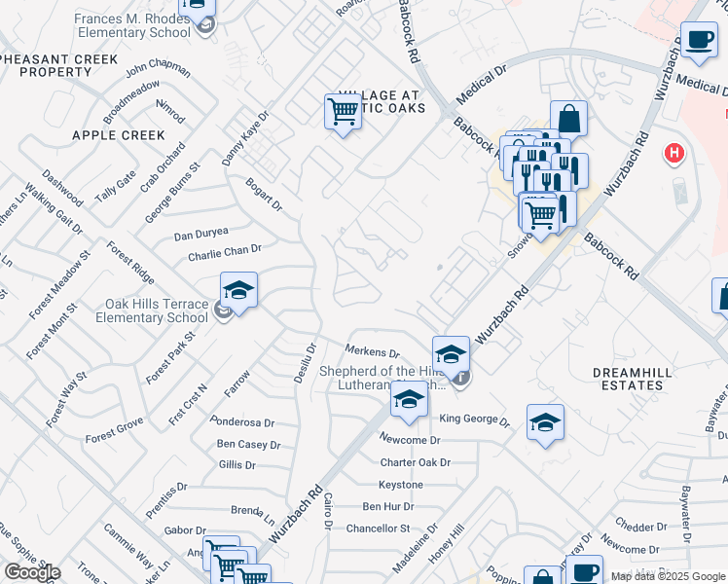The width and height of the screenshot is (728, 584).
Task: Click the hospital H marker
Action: [672, 153]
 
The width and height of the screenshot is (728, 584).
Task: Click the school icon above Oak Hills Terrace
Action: [238, 291]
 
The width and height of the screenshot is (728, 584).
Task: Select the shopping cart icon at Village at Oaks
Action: [343, 112]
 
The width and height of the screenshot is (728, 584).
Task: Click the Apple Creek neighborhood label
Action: [119, 135]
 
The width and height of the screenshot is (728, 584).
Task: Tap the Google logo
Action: [32, 572]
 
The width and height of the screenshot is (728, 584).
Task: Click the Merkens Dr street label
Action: [373, 352]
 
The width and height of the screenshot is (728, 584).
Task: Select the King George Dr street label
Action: [475, 420]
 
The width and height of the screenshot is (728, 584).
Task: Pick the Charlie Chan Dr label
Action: [225, 253]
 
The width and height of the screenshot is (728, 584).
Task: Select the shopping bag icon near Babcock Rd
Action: [568, 120]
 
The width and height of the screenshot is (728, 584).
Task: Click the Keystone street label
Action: [401, 485]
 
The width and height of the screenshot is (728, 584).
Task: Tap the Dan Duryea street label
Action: [200, 234]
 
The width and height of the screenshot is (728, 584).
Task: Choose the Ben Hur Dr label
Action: [388, 506]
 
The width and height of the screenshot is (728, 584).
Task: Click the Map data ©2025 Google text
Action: [667, 576]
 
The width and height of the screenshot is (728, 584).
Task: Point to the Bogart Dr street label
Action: [264, 194]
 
